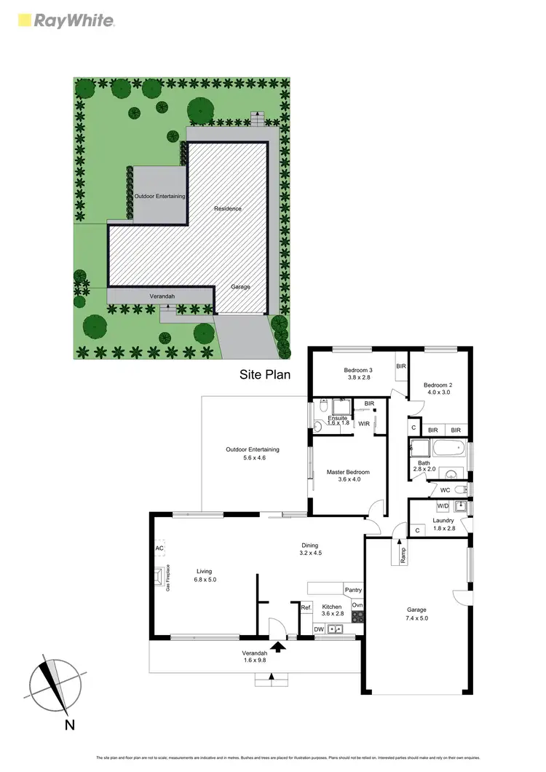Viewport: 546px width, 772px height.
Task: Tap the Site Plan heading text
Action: [x=265, y=376]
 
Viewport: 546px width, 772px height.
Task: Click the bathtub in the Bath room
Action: [x=447, y=448]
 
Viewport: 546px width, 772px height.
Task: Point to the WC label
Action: [x=445, y=490]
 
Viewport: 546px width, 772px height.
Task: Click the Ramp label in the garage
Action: [x=403, y=554]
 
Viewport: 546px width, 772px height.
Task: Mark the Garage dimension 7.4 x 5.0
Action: [x=416, y=618]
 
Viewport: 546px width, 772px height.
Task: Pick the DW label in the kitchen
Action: [x=319, y=629]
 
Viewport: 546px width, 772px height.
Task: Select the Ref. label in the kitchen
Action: [x=306, y=607]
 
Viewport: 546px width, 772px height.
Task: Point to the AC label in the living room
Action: [x=159, y=548]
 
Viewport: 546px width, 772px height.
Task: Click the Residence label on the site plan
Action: [x=227, y=209]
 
